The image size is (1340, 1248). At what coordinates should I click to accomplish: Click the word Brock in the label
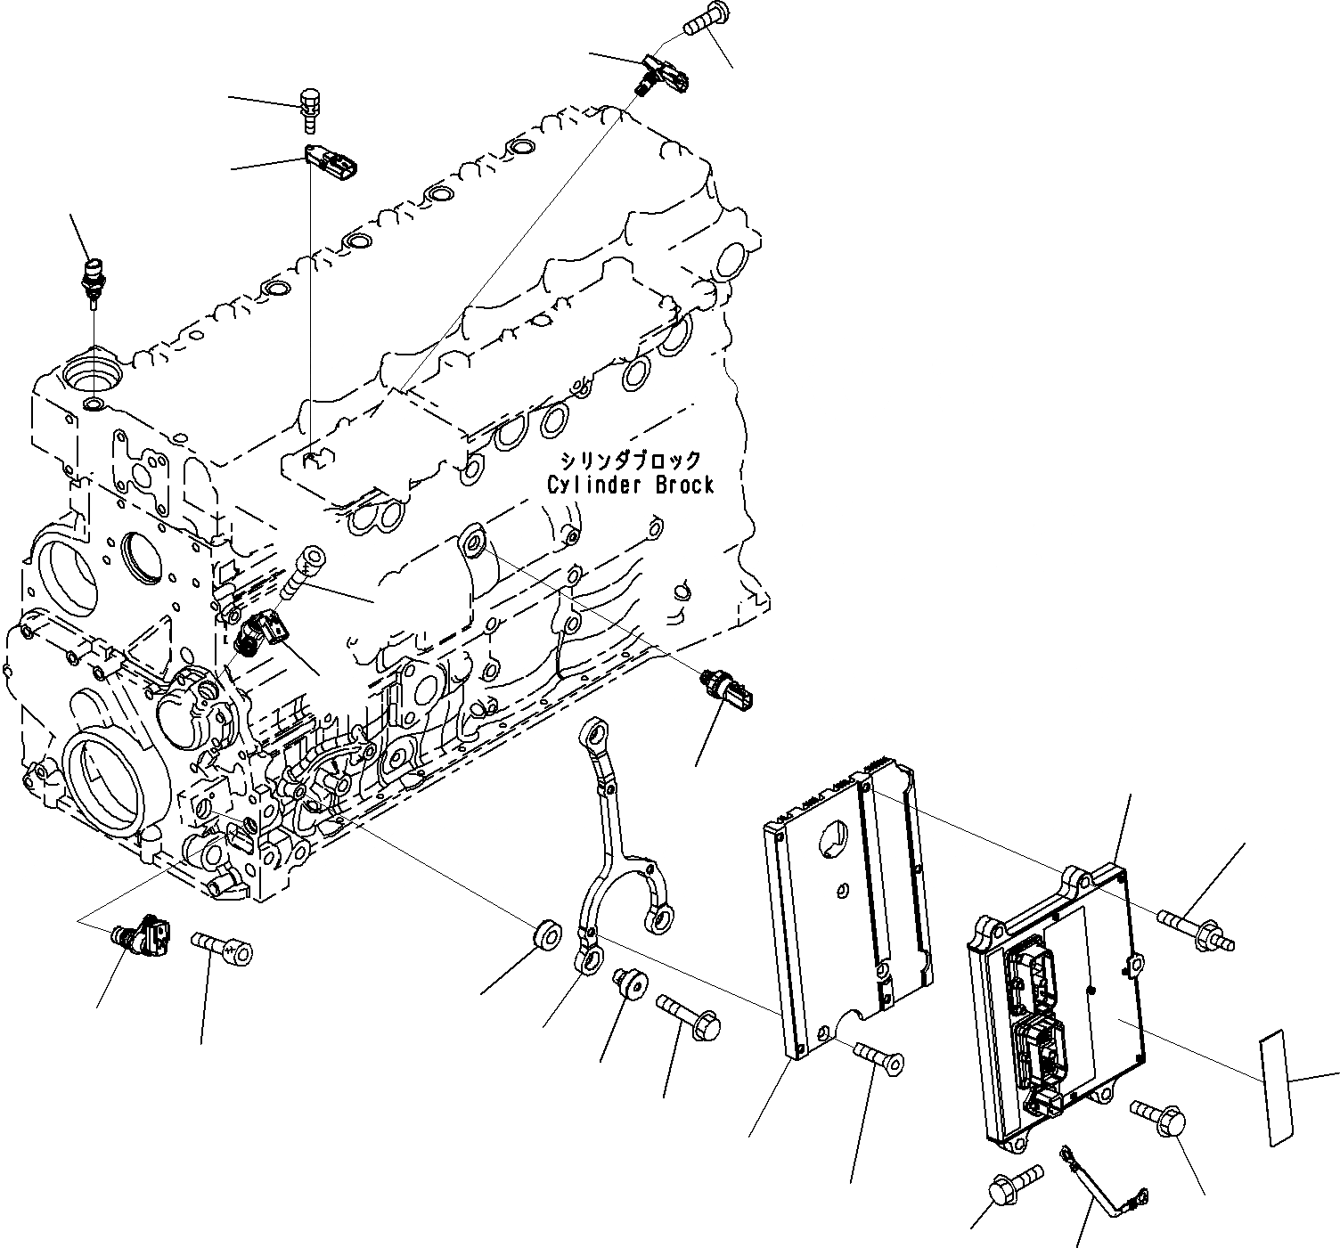point(684,485)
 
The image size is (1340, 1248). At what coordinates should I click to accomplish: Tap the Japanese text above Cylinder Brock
point(630,461)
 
